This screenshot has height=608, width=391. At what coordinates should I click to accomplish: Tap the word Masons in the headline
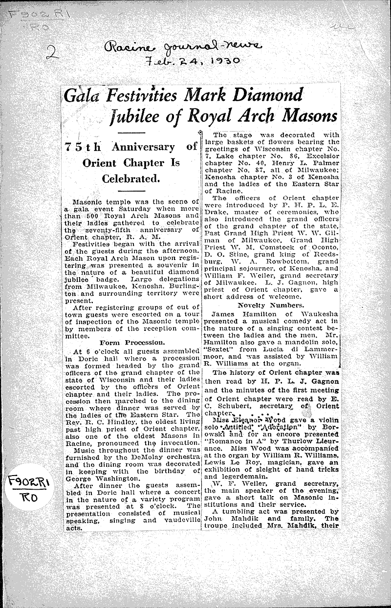[307, 116]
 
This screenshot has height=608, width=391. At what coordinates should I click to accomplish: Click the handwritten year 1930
[221, 61]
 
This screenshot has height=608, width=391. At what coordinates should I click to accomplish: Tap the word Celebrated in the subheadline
[131, 179]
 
